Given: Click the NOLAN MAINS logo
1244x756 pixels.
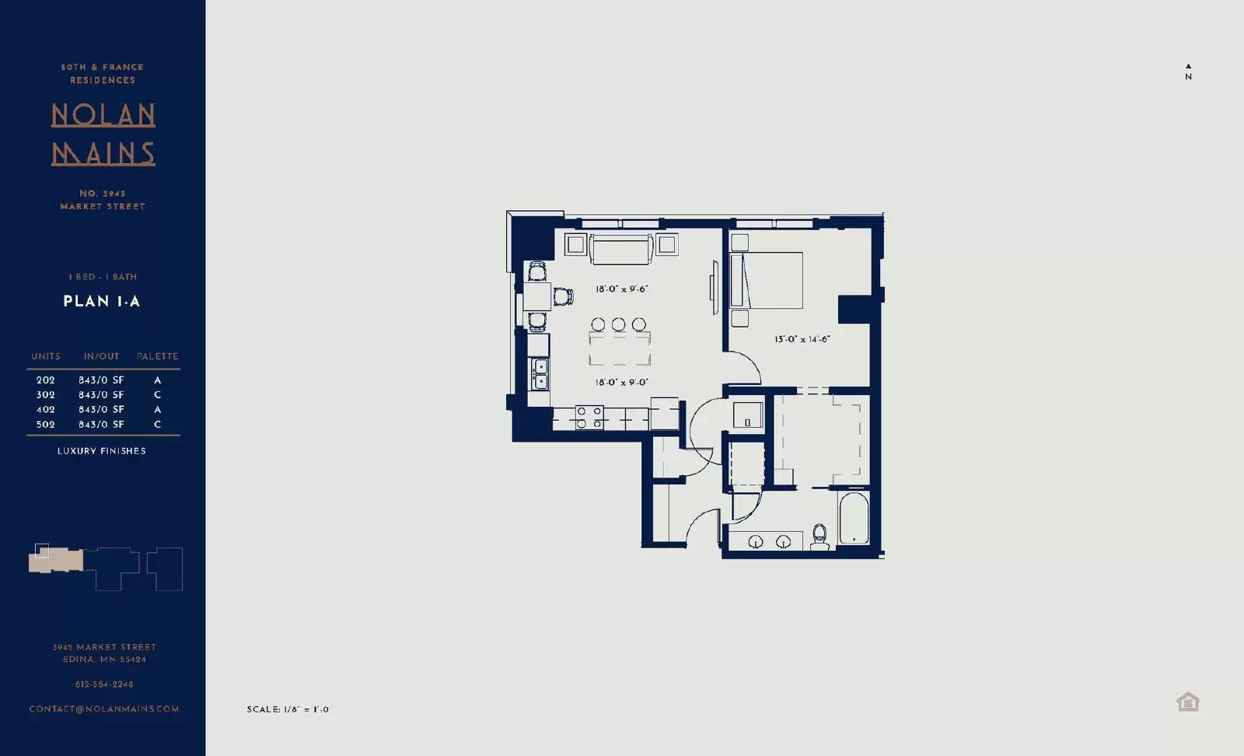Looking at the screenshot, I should [103, 134].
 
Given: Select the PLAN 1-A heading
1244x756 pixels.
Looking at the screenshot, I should [102, 302].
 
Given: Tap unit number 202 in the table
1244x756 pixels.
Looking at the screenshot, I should [46, 380].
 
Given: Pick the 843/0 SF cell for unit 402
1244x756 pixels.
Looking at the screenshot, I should [101, 410].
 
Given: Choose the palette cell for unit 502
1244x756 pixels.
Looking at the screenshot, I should [158, 425].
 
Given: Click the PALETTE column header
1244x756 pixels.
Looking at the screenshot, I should [158, 356].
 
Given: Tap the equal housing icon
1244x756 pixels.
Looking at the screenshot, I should [1187, 702].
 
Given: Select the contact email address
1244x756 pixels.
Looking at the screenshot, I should [104, 709].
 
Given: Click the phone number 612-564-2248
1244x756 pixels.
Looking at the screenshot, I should [104, 684].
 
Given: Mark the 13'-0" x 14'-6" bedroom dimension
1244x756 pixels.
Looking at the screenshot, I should [802, 339].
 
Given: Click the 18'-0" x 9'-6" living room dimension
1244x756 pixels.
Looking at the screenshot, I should [621, 289].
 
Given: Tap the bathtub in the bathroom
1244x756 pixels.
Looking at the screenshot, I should [854, 519].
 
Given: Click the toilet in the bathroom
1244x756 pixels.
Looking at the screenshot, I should [819, 536].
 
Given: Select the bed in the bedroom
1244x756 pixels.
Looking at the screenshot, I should [767, 280].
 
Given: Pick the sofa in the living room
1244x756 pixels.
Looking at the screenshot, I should [620, 249].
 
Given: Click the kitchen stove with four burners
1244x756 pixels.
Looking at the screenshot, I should [589, 418].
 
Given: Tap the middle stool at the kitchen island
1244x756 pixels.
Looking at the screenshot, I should [618, 324].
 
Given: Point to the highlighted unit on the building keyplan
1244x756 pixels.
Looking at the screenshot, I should [42, 551].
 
